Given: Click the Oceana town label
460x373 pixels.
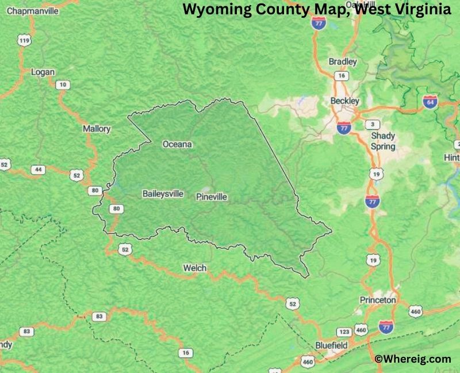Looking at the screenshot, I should pyautogui.click(x=177, y=144).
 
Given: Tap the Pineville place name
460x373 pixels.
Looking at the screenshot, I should pyautogui.click(x=212, y=197).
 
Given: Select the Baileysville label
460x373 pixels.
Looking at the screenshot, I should pyautogui.click(x=163, y=194).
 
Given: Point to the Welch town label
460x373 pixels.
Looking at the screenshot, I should pyautogui.click(x=194, y=268).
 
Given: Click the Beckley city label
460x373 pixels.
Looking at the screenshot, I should pyautogui.click(x=344, y=101).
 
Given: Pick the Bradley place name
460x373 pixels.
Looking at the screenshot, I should pyautogui.click(x=342, y=61).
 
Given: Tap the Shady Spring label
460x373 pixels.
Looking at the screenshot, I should pyautogui.click(x=382, y=141).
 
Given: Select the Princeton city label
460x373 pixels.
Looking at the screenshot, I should pyautogui.click(x=378, y=300).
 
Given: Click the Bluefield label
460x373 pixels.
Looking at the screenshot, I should pyautogui.click(x=331, y=345).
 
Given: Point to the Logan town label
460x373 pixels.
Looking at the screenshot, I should pyautogui.click(x=44, y=72).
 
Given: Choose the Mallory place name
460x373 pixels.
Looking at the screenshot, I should pyautogui.click(x=97, y=129).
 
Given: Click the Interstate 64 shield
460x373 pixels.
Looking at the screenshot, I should pyautogui.click(x=430, y=102).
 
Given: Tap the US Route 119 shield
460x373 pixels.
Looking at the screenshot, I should pyautogui.click(x=24, y=40).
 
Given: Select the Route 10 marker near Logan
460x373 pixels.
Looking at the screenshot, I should pyautogui.click(x=63, y=85).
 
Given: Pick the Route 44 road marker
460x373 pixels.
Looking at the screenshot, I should pyautogui.click(x=39, y=169).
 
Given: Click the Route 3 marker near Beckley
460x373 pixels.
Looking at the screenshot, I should pyautogui.click(x=373, y=125).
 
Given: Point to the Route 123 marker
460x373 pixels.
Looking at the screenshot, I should pyautogui.click(x=344, y=332).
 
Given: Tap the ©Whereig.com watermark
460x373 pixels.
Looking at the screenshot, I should pyautogui.click(x=412, y=359).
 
